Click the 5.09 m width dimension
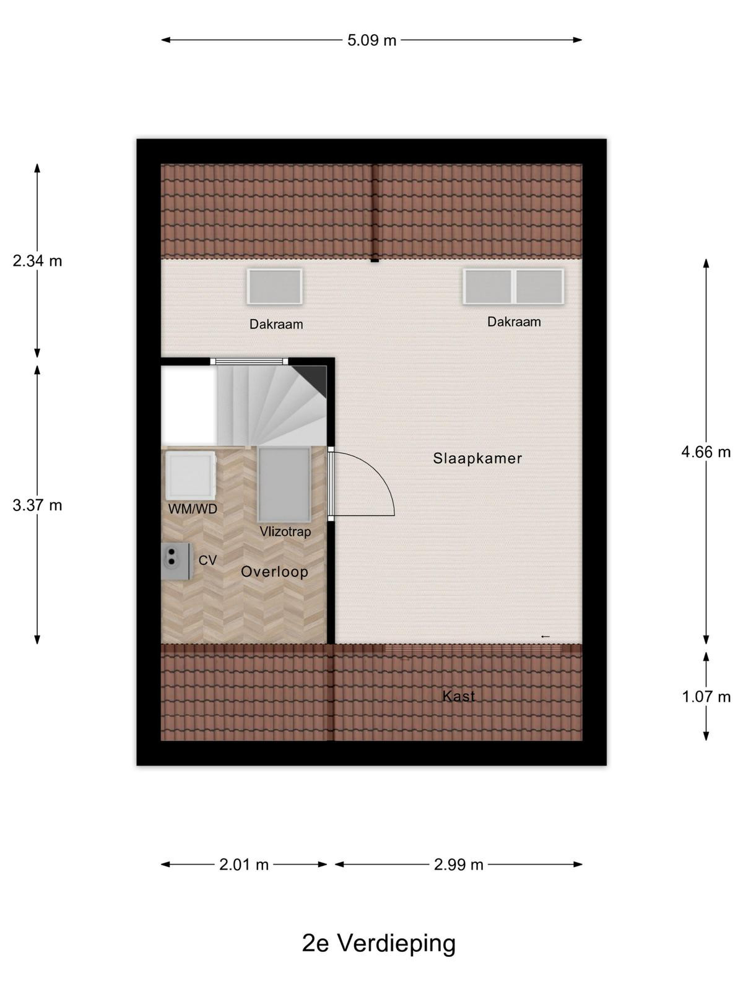(371, 41)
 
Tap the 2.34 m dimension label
(37, 261)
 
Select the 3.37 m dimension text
(37, 505)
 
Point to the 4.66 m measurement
(706, 452)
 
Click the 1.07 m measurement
(706, 697)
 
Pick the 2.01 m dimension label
(243, 865)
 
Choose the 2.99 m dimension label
(458, 865)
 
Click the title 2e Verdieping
(378, 943)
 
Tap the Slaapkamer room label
(477, 458)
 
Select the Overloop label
(274, 572)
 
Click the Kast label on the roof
(458, 696)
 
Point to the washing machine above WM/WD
(190, 476)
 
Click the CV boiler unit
(176, 561)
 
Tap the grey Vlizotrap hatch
(284, 485)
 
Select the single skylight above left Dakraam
(274, 286)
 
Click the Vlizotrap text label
(285, 532)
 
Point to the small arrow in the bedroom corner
(545, 637)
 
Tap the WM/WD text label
(193, 509)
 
